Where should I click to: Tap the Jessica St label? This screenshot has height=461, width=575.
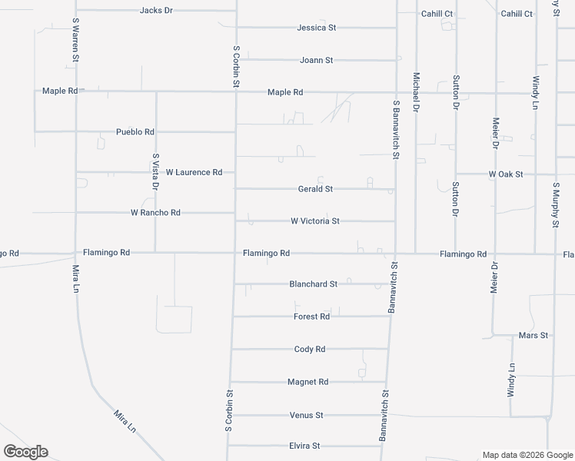(317, 28)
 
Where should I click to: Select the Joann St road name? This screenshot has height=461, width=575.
(316, 60)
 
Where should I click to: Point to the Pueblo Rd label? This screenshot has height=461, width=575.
(135, 131)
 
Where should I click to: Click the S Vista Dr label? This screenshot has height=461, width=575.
(156, 171)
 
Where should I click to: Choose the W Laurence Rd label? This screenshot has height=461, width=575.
(194, 172)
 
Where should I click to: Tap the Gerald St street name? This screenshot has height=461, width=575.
(315, 189)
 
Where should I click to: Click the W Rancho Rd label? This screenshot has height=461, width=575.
(155, 212)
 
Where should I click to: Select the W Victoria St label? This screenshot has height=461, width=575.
(315, 221)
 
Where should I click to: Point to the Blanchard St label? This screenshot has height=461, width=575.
(313, 284)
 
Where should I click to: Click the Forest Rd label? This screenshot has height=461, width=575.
(312, 317)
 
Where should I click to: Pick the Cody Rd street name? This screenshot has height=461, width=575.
(310, 349)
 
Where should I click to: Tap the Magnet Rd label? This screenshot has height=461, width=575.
(307, 382)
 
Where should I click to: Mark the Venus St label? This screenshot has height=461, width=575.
(306, 415)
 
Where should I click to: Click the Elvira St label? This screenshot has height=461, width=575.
(304, 446)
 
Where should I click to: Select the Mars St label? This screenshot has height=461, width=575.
(533, 336)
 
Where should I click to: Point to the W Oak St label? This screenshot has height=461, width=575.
(506, 174)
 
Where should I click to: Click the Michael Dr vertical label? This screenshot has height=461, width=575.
(416, 93)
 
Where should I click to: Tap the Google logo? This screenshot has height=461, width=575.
(25, 452)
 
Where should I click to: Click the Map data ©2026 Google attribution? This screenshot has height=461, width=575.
(527, 455)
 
